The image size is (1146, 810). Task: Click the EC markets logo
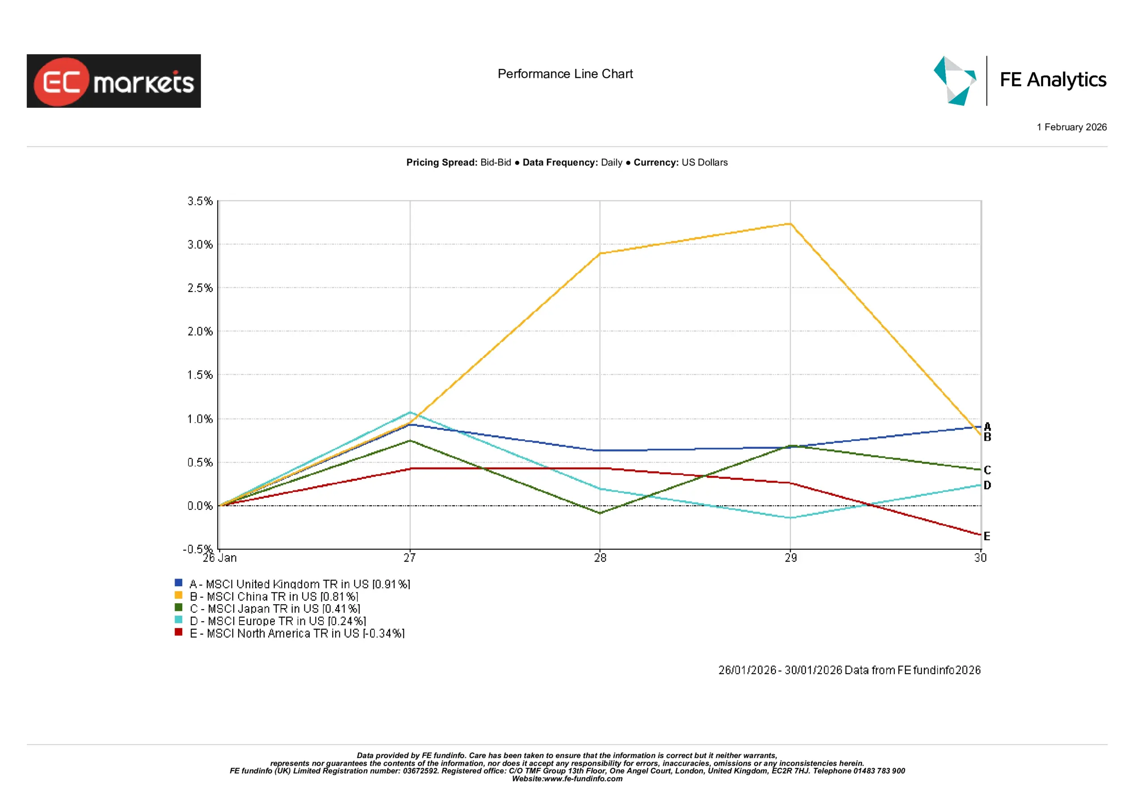click(113, 81)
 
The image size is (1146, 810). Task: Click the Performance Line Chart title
click(565, 74)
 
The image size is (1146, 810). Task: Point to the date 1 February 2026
click(1071, 127)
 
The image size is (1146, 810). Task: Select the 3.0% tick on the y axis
click(200, 244)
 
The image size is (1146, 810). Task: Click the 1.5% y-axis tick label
click(200, 375)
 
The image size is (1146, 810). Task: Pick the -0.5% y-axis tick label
click(198, 549)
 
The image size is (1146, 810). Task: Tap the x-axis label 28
click(600, 558)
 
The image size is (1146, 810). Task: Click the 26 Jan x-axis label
click(220, 558)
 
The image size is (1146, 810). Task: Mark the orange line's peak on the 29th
click(790, 224)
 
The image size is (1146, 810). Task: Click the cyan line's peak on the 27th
click(410, 412)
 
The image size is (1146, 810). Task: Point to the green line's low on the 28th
click(600, 513)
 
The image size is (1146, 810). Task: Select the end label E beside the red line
click(987, 536)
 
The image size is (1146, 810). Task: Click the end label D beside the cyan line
click(987, 485)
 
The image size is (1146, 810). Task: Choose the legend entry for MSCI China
click(274, 597)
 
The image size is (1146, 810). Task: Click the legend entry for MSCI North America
click(297, 633)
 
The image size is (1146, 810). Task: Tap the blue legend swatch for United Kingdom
click(178, 582)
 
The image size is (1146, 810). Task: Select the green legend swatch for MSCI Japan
click(178, 607)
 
